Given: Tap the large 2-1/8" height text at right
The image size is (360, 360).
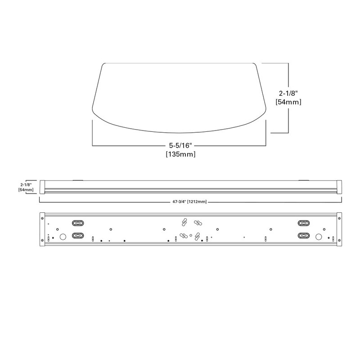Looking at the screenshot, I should [x=288, y=94].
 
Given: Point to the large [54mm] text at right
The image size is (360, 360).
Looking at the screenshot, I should [x=288, y=102].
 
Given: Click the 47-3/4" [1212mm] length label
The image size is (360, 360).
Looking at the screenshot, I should [x=189, y=202].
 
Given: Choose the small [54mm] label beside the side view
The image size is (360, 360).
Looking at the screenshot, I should [x=26, y=190].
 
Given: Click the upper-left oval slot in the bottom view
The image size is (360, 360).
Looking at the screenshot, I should [x=78, y=223].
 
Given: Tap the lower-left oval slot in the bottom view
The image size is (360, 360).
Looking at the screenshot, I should [x=78, y=235].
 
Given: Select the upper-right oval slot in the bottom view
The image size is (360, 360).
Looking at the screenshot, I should [x=303, y=223].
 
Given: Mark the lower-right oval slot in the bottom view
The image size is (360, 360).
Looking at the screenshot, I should [x=303, y=235].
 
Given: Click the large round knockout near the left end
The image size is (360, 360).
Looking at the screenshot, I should [x=63, y=236].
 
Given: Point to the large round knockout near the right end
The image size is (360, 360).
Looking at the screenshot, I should [x=319, y=236].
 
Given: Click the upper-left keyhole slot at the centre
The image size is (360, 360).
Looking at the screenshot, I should [x=184, y=222].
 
